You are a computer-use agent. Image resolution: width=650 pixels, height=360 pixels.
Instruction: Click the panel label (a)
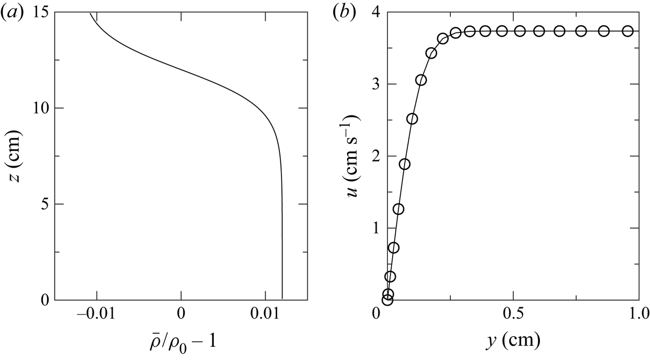[13, 13]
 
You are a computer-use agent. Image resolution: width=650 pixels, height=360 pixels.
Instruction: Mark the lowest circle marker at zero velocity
[387, 300]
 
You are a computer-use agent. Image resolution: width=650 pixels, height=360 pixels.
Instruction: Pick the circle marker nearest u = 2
[405, 164]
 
